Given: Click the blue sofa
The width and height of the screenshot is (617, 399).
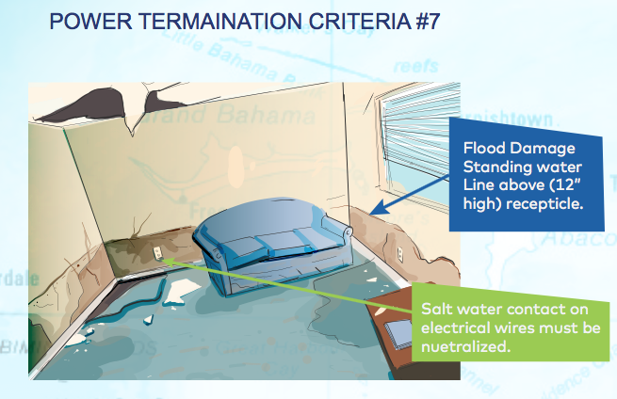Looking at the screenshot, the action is [x=272, y=245].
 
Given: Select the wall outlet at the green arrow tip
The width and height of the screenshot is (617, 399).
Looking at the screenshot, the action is [x=157, y=253].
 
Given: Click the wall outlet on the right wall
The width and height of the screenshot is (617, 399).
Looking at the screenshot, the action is [x=399, y=253].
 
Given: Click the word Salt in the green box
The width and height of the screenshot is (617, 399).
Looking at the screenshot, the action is [x=435, y=309].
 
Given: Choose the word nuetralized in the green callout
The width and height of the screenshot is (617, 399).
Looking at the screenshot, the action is [x=465, y=346].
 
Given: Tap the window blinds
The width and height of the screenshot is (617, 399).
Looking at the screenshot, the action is [x=419, y=134].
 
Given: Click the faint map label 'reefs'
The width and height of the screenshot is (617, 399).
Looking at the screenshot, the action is [x=416, y=66].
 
